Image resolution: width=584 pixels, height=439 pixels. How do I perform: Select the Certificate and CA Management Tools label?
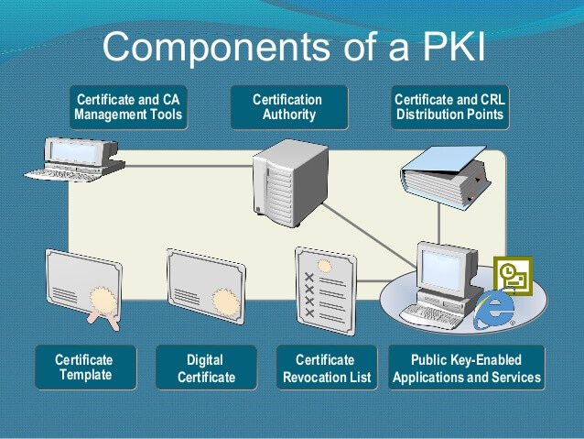128,107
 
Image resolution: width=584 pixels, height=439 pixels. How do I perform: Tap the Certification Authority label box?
288,107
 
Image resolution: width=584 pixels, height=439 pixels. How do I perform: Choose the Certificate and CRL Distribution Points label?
449,107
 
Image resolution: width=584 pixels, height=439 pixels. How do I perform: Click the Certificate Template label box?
84,367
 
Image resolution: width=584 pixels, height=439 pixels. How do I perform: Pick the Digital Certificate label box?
206,368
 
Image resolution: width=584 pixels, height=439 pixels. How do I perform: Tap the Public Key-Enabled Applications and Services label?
466,368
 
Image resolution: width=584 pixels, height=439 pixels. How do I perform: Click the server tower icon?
289,180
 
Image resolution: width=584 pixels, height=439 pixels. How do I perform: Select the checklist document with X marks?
325,285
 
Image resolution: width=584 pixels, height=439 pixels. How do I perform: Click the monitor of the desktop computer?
445,265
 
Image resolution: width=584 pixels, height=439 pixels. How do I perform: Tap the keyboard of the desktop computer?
434,314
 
